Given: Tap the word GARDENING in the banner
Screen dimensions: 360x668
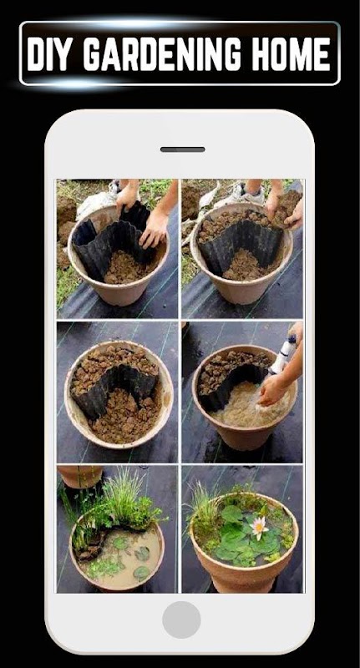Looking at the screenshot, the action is click(x=161, y=54).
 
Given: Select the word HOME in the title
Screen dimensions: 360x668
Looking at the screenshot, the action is click(x=291, y=54).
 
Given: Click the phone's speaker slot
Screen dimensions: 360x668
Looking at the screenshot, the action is click(x=182, y=149).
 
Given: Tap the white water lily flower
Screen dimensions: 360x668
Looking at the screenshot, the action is click(x=259, y=528).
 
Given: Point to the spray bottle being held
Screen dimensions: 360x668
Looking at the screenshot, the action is click(x=285, y=354).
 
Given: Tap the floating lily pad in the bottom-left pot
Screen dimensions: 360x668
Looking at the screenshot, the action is click(x=141, y=554).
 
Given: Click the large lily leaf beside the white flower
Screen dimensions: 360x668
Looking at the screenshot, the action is click(x=232, y=514).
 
